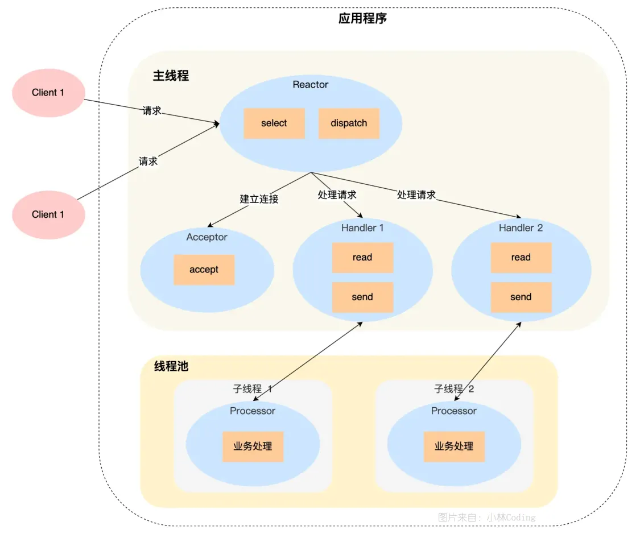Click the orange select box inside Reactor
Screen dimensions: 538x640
(274, 123)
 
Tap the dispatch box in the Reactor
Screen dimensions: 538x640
(349, 123)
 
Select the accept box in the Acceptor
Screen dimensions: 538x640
(204, 270)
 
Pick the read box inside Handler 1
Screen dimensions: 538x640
(362, 258)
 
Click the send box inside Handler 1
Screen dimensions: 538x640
(362, 297)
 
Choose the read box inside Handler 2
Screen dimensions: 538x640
(521, 258)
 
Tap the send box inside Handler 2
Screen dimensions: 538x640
(521, 297)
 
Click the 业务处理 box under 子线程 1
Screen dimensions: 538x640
(253, 446)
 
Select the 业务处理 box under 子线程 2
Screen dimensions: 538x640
(454, 446)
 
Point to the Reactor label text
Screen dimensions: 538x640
(311, 85)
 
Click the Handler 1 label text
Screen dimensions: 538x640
(362, 228)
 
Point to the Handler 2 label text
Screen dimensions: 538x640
(521, 228)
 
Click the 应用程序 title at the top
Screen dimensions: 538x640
(362, 18)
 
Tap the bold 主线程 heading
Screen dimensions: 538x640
(171, 76)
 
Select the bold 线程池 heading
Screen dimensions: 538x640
(171, 366)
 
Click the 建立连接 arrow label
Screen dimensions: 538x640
(259, 199)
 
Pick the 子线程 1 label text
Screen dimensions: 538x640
(253, 389)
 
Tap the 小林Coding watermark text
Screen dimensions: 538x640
(509, 518)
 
